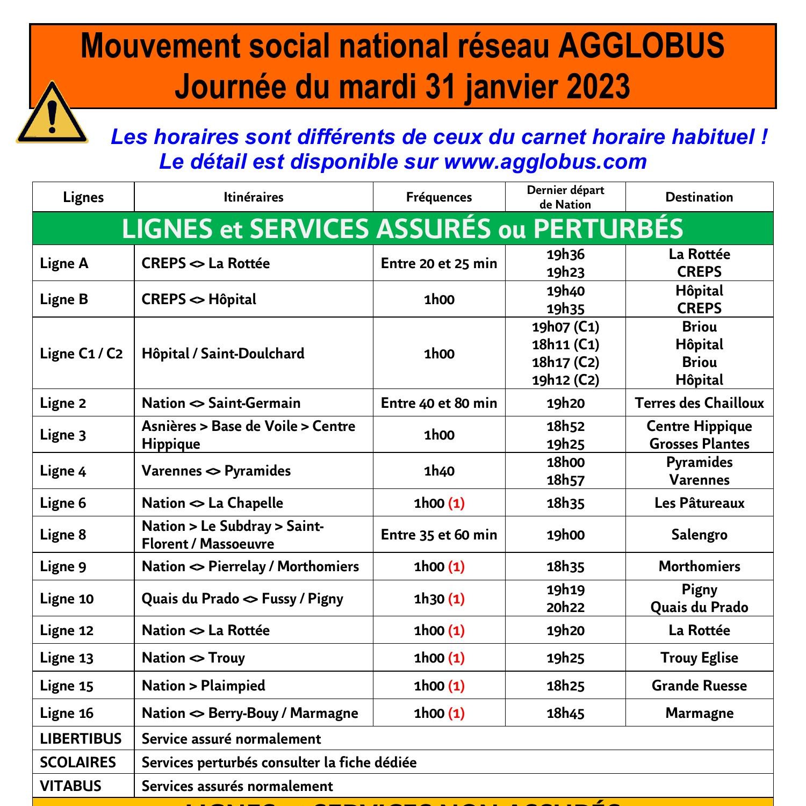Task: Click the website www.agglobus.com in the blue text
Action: (x=545, y=162)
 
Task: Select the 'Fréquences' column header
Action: (x=439, y=197)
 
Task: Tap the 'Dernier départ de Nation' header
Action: (x=565, y=197)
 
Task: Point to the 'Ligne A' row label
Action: (x=64, y=263)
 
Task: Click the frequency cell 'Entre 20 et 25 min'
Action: (x=439, y=263)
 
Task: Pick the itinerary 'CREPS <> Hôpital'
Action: (x=199, y=299)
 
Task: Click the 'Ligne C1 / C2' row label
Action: (x=81, y=354)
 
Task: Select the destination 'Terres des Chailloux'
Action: (x=699, y=403)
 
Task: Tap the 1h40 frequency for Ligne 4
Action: (x=439, y=471)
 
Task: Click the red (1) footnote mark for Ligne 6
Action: (x=456, y=503)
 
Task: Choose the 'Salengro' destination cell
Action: (x=699, y=535)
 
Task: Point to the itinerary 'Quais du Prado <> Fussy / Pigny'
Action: (x=242, y=599)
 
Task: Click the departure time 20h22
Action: (x=565, y=608)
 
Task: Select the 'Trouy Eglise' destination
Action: (x=699, y=658)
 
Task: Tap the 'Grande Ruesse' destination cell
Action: (x=699, y=686)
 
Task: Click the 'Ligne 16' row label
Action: (x=67, y=714)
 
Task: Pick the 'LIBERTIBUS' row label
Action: (x=81, y=739)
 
